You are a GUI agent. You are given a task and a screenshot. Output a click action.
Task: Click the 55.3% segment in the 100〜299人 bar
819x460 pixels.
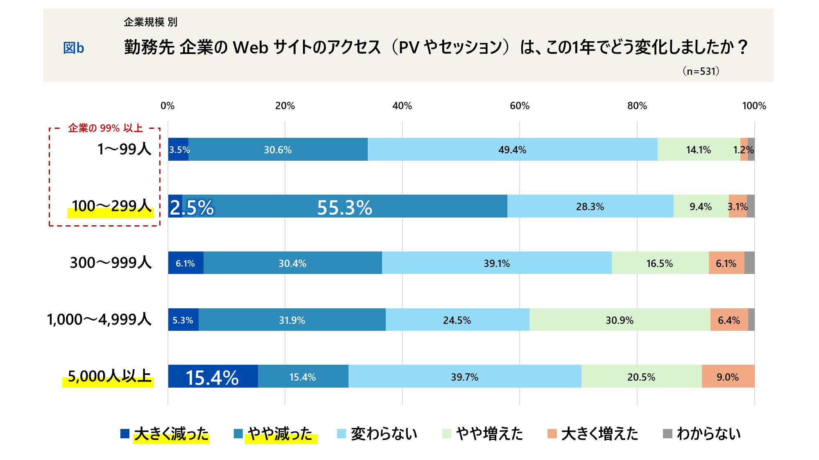(x=344, y=206)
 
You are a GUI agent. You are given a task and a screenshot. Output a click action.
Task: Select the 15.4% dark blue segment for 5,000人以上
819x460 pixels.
(x=213, y=377)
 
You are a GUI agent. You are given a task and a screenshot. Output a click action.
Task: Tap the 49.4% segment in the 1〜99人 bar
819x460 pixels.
(x=512, y=150)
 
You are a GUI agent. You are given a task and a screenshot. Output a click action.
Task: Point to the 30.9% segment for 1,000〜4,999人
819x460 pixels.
(x=620, y=320)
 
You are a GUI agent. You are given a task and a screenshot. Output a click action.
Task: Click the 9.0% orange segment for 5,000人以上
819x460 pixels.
(x=728, y=377)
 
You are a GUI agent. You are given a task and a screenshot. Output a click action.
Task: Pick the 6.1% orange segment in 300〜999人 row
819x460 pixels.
(x=726, y=263)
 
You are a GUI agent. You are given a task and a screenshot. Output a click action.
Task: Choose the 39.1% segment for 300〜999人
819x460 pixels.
(x=496, y=263)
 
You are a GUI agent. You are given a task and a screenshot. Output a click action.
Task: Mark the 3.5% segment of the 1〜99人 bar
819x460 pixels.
(x=179, y=150)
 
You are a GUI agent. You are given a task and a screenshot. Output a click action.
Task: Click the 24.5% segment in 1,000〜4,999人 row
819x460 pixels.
(x=457, y=320)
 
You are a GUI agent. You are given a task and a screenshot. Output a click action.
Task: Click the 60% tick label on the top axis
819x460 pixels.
(x=519, y=106)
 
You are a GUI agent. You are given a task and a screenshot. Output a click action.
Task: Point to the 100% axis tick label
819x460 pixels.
(x=754, y=106)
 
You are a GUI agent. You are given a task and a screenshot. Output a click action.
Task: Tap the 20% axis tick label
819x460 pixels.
(x=285, y=106)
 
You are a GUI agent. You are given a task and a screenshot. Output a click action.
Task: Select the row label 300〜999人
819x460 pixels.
(x=111, y=263)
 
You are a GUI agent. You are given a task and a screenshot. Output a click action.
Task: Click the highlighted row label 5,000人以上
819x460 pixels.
(x=109, y=376)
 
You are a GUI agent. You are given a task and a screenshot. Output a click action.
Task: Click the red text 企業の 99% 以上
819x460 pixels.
(x=105, y=128)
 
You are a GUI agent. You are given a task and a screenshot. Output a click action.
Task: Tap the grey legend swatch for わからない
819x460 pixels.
(x=667, y=433)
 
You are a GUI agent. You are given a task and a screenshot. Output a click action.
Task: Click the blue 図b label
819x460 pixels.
(x=73, y=48)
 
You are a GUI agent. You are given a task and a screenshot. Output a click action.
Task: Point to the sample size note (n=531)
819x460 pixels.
(x=701, y=71)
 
